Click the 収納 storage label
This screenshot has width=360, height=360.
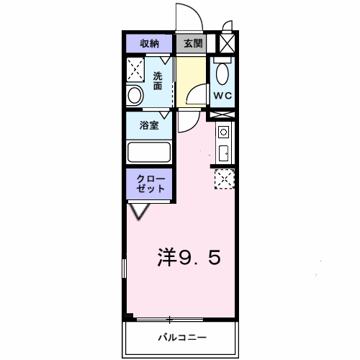point(150,43)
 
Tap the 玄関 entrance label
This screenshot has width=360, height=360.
point(192,43)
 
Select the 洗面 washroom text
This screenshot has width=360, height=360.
point(158,81)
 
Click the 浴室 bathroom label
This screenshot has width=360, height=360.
point(150,125)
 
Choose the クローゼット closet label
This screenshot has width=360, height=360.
point(150,184)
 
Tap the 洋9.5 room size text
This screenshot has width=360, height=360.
point(189,257)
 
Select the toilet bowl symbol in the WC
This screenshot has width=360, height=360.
point(222,73)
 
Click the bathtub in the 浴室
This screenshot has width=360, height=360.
point(149,152)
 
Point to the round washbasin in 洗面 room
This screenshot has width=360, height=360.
point(135,95)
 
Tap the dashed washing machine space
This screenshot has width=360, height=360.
point(137,71)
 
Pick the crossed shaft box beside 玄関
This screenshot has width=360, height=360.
point(226,43)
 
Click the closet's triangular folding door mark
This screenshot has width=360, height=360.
point(140,210)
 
